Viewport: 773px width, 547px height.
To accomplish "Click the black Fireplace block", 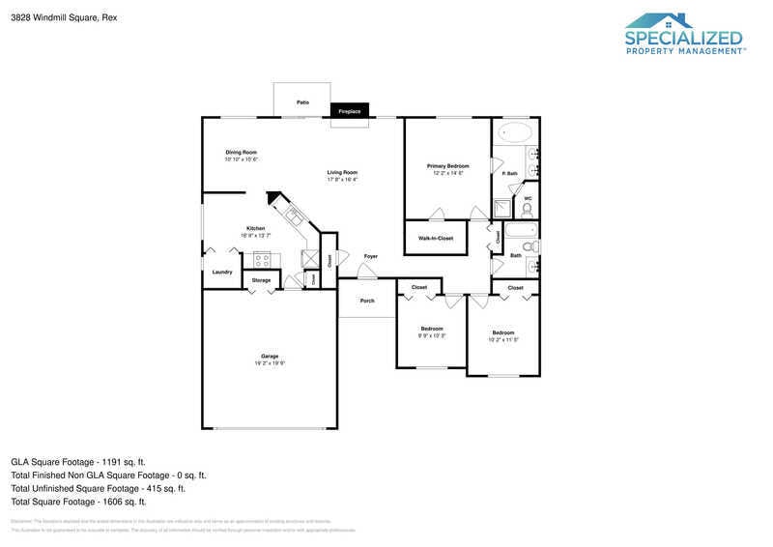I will tap(349, 111).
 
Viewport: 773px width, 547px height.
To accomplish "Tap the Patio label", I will tap(302, 101).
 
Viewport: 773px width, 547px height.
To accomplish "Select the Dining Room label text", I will tap(241, 152).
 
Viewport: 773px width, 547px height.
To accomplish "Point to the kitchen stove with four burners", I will tap(262, 258).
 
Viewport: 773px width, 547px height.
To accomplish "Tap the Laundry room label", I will tap(222, 272).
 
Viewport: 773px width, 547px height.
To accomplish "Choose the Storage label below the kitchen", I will tap(261, 280).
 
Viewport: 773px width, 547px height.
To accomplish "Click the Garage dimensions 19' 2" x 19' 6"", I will tap(270, 363).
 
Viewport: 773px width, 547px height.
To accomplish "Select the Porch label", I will tap(367, 301).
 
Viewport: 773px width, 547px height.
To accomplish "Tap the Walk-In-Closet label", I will tap(436, 238).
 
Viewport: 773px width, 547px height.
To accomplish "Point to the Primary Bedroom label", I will tap(447, 166).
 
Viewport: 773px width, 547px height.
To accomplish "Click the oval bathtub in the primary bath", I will tap(514, 131).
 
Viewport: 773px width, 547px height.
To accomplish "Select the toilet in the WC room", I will tap(527, 209).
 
